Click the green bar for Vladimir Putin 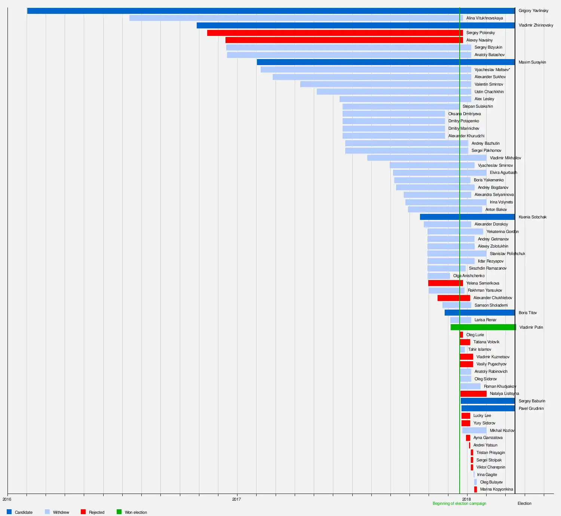(483, 327)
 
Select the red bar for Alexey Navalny (344, 40)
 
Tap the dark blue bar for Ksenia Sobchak (467, 217)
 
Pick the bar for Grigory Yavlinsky (271, 11)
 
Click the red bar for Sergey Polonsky (335, 33)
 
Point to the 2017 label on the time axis (236, 499)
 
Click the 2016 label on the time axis (7, 499)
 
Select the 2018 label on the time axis (466, 499)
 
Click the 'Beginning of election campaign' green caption (459, 504)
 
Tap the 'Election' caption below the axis (524, 504)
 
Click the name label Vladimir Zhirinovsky (536, 25)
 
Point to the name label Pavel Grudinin (531, 408)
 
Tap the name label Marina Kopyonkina (496, 489)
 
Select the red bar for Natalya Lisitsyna (473, 394)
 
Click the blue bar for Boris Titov (479, 313)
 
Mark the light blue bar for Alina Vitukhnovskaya (296, 18)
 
